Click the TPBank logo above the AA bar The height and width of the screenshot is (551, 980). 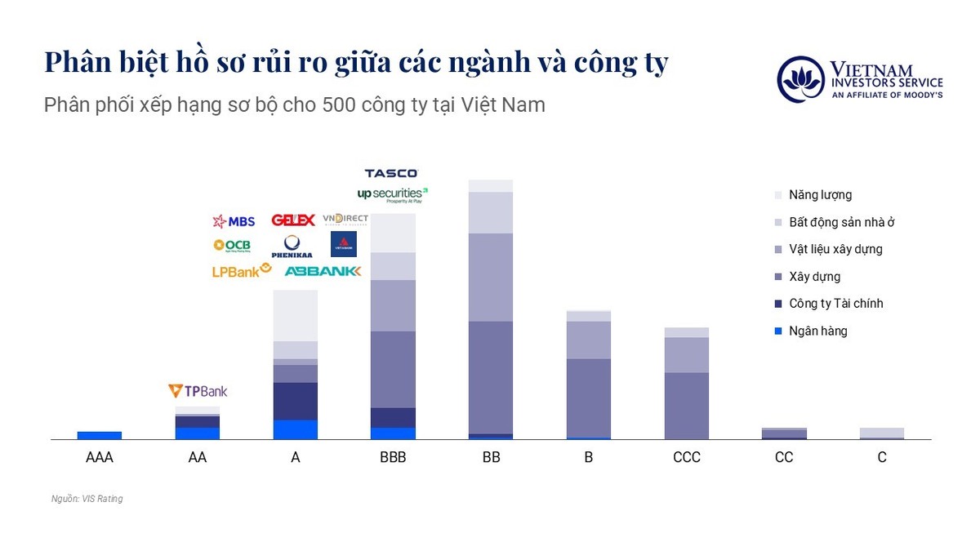pos(198,391)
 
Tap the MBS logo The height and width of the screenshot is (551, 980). pos(234,221)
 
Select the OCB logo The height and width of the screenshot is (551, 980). pos(232,245)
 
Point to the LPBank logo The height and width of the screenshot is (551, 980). pos(241,271)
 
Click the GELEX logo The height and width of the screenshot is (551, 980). pos(293,220)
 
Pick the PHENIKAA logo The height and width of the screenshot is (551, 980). pos(292,246)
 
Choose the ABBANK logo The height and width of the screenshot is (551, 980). pos(323,271)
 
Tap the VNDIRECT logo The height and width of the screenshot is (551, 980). pos(345,219)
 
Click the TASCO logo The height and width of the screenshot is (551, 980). pos(390,173)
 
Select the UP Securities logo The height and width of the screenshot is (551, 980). pos(392,194)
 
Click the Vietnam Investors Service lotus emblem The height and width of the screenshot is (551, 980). pos(800,79)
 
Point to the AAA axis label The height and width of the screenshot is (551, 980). pos(100,458)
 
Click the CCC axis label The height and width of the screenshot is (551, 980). pos(687,458)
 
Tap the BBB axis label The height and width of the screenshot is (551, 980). pos(393,458)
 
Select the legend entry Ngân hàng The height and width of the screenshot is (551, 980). pos(817,331)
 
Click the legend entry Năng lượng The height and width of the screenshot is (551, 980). pos(820,195)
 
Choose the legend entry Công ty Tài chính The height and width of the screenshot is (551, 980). pos(835,304)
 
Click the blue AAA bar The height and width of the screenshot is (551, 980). pos(100,435)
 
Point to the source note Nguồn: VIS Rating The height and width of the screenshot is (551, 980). pos(87,499)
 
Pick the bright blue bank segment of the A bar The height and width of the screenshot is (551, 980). pos(296,429)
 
